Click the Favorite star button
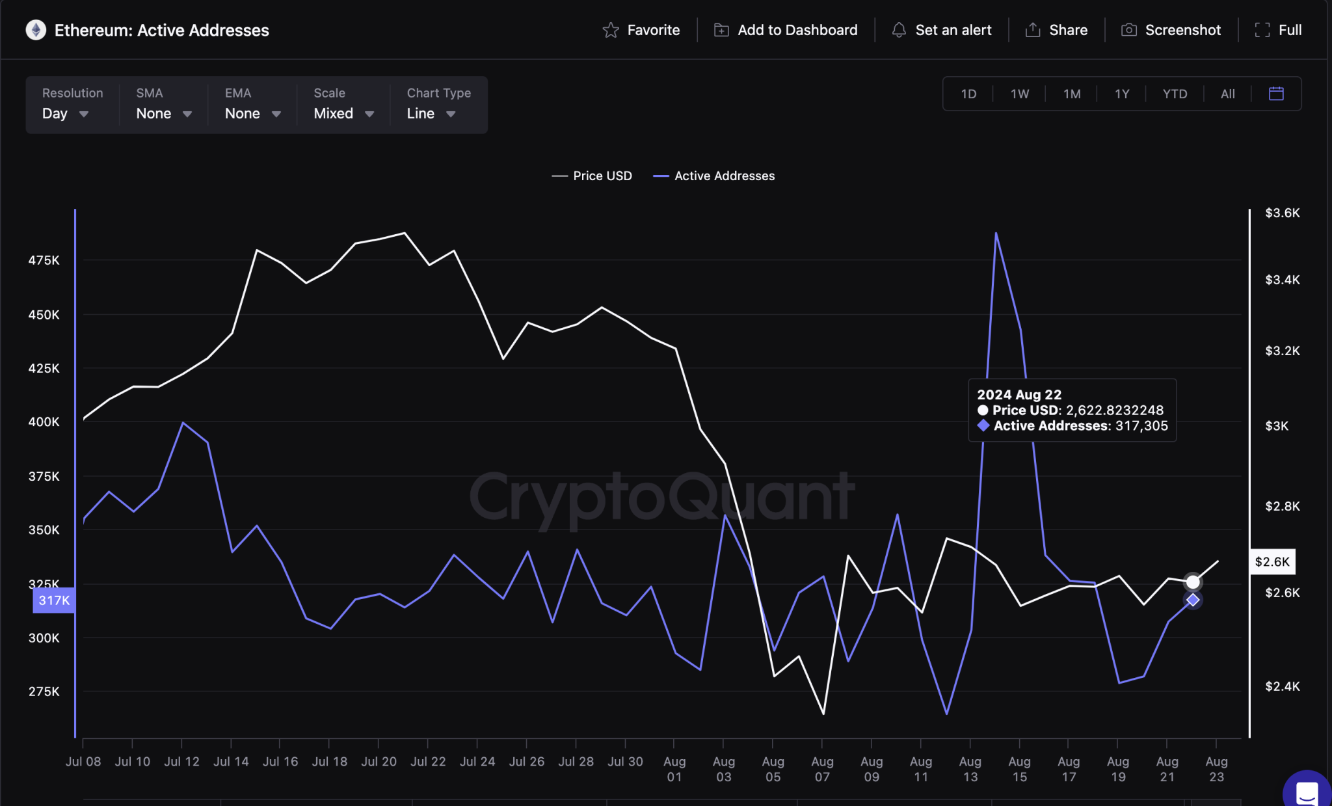[641, 30]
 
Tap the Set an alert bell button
[941, 30]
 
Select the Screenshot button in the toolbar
[1171, 30]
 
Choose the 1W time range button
[1019, 94]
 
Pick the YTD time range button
[1175, 94]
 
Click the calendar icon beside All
[1276, 94]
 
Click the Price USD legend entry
[592, 176]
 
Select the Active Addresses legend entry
[713, 176]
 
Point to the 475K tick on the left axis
[44, 260]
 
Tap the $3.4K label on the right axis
[1282, 280]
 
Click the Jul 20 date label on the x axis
[379, 761]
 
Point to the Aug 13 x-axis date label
[970, 769]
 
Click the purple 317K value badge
[54, 600]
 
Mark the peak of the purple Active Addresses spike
[996, 233]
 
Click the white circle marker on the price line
[1192, 582]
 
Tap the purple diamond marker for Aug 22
[1192, 600]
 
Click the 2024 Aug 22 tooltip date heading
[1019, 395]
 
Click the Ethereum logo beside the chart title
[36, 30]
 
